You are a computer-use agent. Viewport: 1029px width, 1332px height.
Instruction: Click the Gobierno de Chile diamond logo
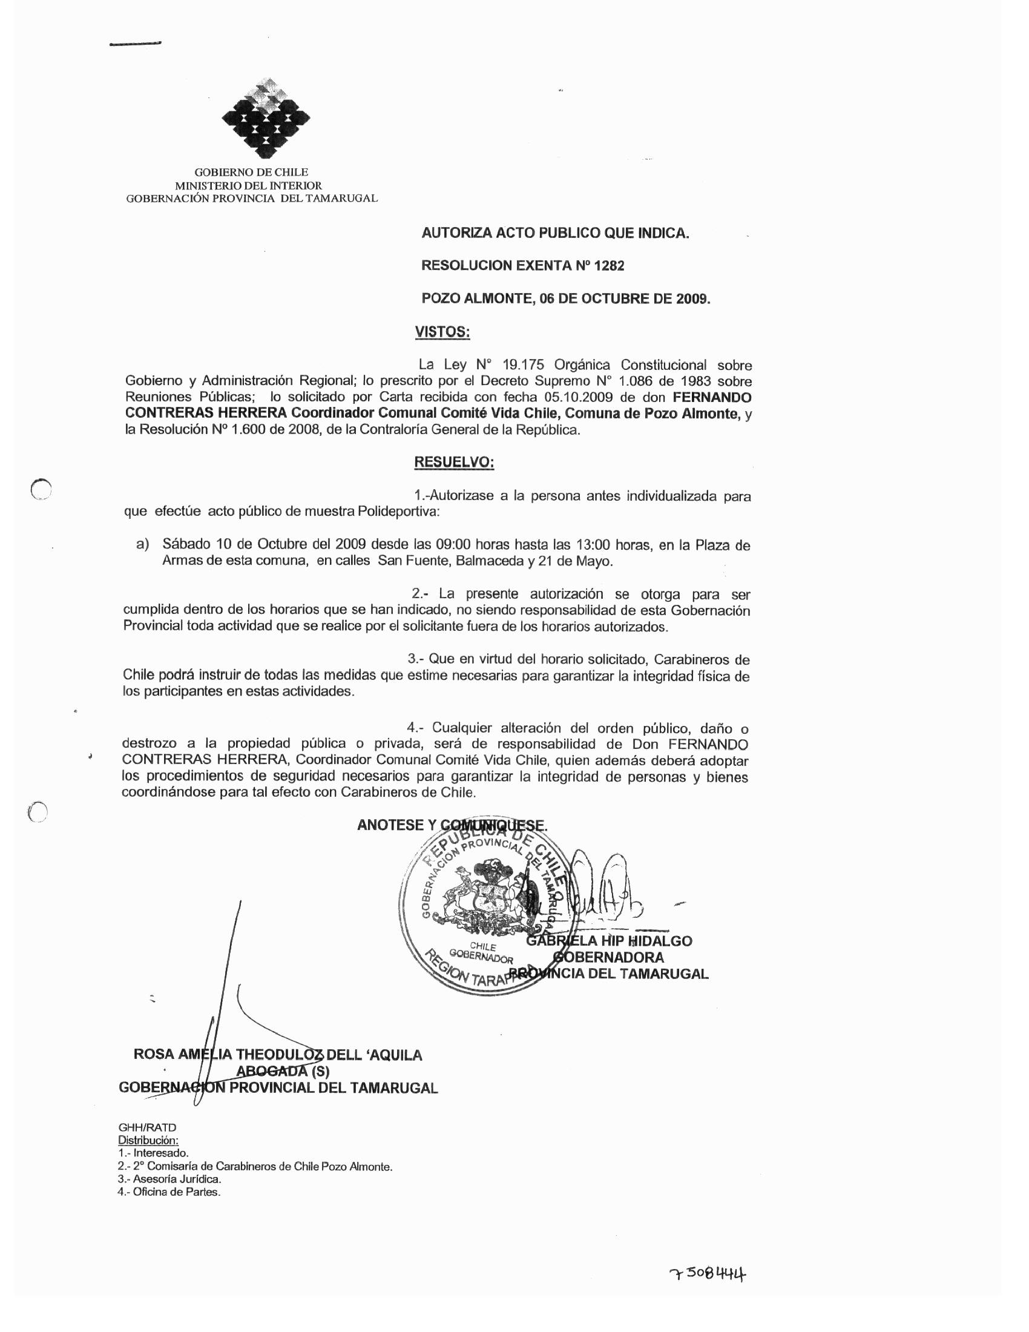[x=265, y=119]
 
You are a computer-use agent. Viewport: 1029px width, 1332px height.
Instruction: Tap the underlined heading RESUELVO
[x=453, y=463]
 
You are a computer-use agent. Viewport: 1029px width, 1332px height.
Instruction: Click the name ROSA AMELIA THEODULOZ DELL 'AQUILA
[x=277, y=1055]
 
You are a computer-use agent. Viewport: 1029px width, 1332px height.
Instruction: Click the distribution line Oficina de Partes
[x=169, y=1192]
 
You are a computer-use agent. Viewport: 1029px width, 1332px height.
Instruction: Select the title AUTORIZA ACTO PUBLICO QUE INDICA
[x=554, y=233]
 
